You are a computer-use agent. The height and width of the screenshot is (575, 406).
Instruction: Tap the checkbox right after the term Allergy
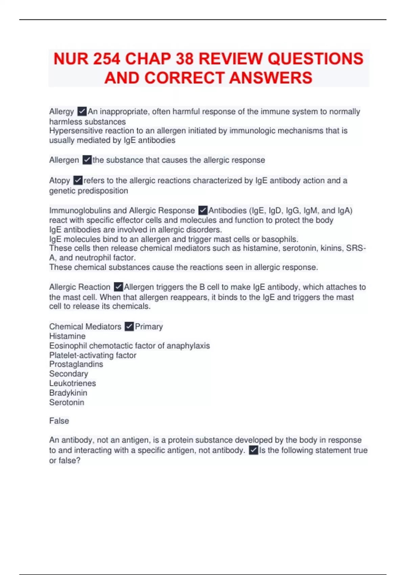(82, 111)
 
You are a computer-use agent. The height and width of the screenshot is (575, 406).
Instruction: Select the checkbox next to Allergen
(87, 160)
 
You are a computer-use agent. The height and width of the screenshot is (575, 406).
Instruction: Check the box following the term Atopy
(78, 180)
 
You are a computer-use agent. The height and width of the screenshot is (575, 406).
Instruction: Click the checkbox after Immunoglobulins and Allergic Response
(203, 210)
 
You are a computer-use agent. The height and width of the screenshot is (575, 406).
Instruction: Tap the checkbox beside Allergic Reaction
(118, 287)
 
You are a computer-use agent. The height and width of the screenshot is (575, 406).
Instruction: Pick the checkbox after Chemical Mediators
(129, 326)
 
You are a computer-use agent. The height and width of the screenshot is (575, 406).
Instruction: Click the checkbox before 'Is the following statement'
(253, 450)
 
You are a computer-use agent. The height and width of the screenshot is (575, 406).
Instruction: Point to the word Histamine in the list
(67, 336)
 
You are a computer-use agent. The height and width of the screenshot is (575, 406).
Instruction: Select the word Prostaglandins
(76, 364)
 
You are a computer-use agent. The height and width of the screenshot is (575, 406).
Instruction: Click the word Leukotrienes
(72, 383)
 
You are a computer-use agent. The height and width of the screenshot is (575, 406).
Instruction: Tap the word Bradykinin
(68, 393)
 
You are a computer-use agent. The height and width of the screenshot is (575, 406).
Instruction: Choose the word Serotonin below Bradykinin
(67, 402)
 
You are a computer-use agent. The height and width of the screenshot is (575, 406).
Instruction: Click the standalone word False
(59, 421)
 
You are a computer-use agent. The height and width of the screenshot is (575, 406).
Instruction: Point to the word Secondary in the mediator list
(69, 374)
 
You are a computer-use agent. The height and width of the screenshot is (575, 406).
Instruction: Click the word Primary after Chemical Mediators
(149, 326)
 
